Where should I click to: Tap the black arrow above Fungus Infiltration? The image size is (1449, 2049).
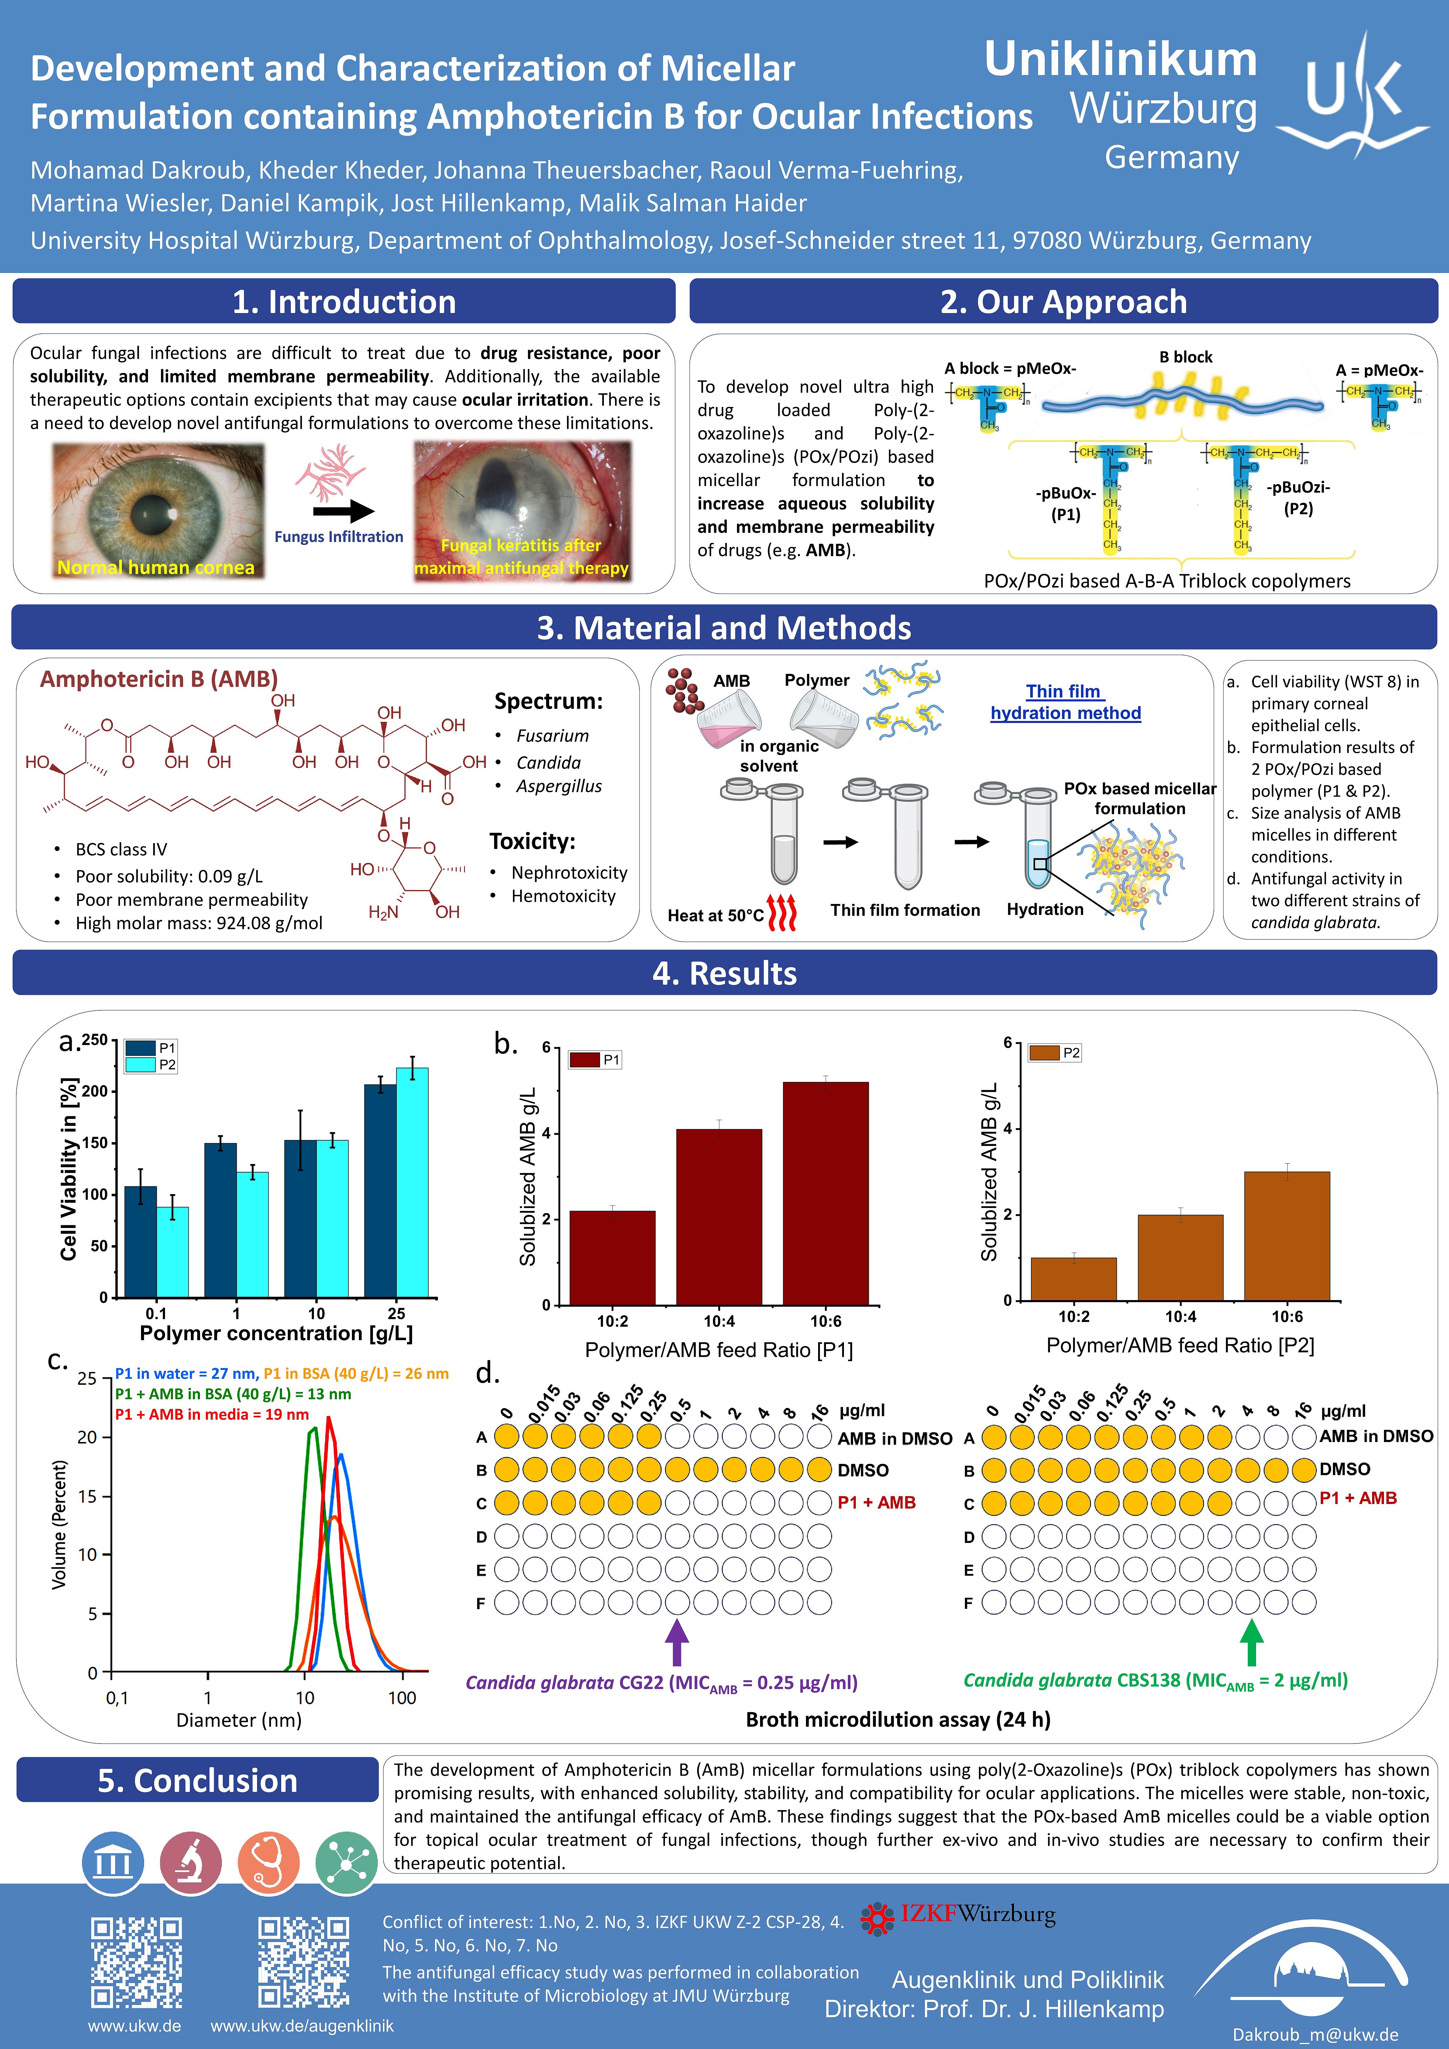(343, 511)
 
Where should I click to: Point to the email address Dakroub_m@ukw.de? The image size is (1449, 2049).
(1315, 2034)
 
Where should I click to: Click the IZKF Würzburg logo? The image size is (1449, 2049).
(957, 1914)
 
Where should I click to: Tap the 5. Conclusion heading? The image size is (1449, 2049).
(197, 1779)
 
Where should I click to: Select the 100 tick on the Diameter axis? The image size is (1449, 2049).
(401, 1697)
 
